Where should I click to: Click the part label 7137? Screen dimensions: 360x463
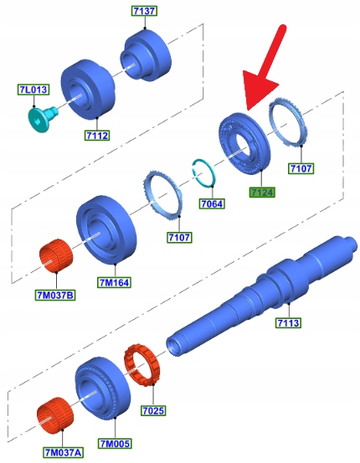[144, 11]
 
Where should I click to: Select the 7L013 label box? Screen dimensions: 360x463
[33, 90]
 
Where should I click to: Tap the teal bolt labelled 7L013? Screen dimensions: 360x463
[41, 119]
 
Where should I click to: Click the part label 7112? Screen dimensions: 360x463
[97, 136]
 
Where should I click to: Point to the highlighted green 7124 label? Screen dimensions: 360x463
[262, 193]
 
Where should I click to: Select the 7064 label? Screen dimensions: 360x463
[212, 203]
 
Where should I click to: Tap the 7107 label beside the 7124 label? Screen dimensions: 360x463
[301, 168]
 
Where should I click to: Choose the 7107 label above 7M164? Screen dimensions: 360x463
[179, 237]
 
